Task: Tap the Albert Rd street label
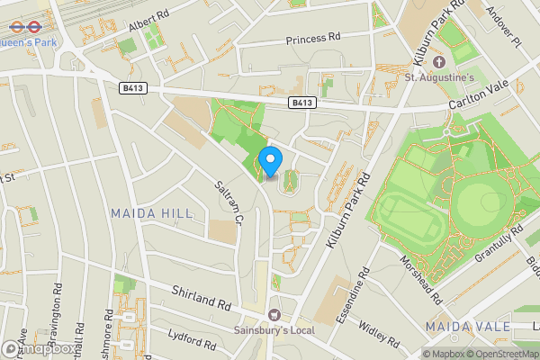click(x=148, y=18)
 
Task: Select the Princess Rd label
click(x=313, y=40)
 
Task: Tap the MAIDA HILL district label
click(x=146, y=213)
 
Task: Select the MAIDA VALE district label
click(x=461, y=325)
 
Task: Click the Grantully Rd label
click(x=499, y=244)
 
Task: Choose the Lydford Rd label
click(x=192, y=340)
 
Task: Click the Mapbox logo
click(x=38, y=348)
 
